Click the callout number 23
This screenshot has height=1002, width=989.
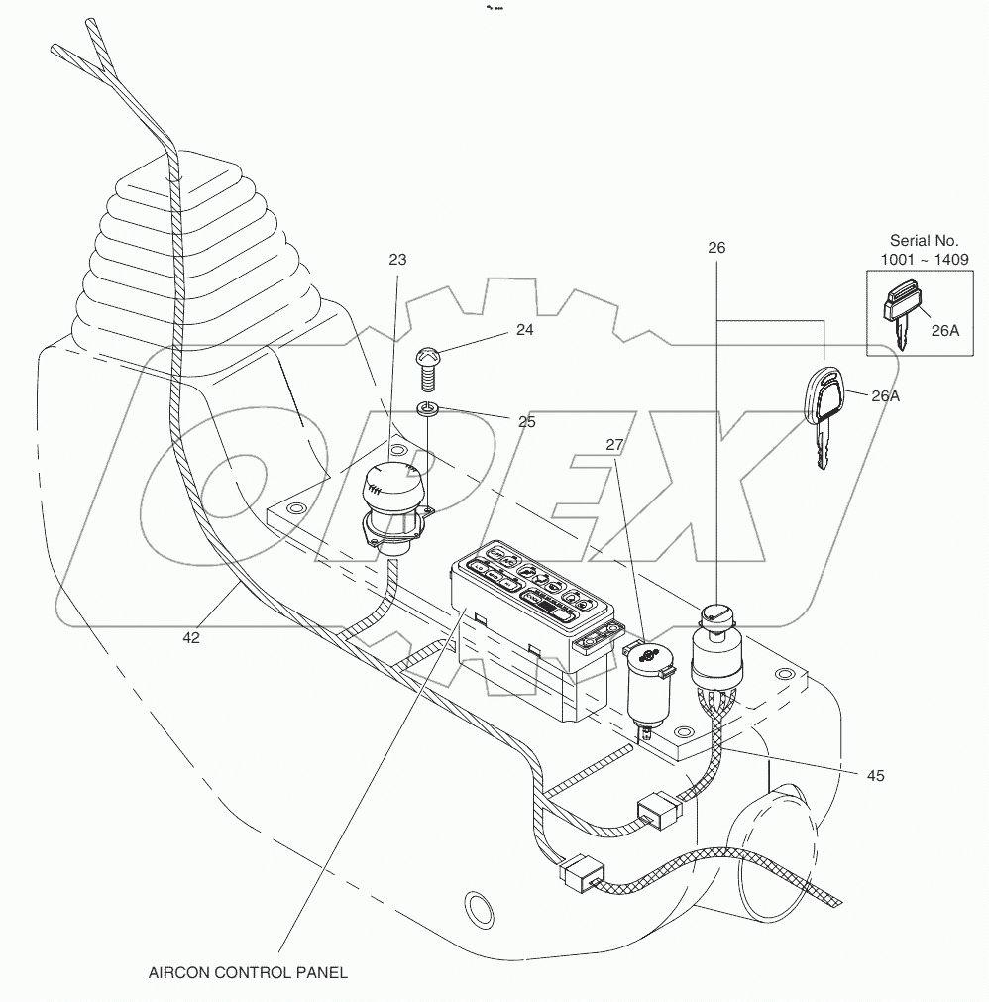click(397, 260)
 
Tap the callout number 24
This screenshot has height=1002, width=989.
click(524, 330)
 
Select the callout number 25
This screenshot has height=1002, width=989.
click(526, 421)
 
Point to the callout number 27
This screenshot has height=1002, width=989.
click(614, 446)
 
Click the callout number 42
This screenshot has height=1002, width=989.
click(191, 638)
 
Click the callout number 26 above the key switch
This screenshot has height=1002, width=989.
click(717, 248)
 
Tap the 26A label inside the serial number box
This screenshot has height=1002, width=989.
click(945, 331)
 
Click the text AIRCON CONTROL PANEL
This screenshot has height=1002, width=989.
click(248, 972)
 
